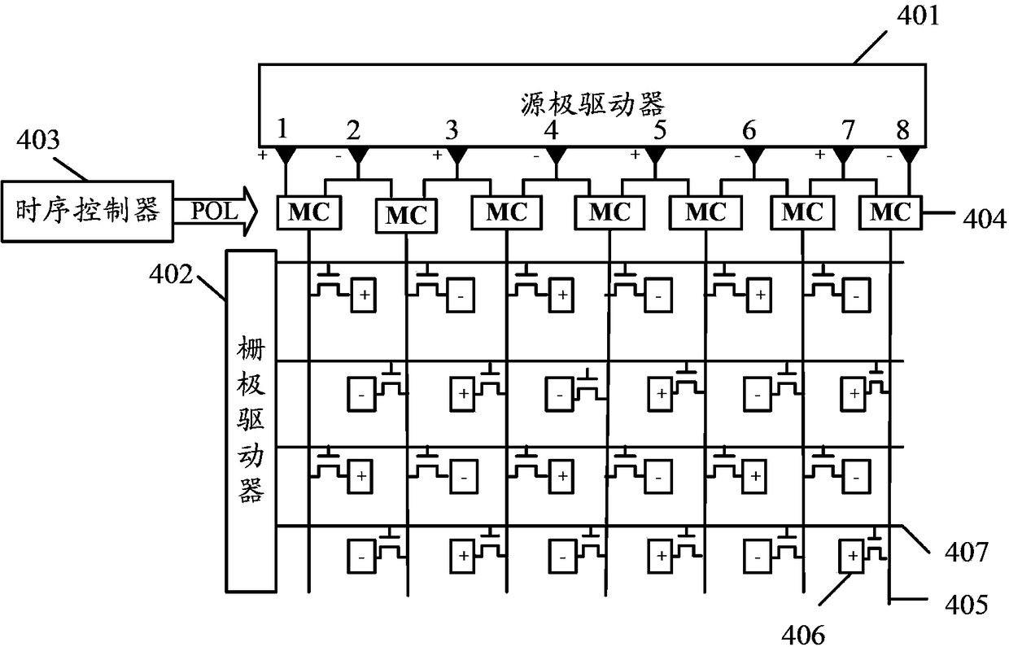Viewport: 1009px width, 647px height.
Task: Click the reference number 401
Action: click(x=918, y=15)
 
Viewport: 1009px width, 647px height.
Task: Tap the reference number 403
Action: click(x=38, y=139)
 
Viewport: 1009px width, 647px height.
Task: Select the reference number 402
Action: click(x=171, y=273)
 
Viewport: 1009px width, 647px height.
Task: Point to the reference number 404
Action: click(x=985, y=220)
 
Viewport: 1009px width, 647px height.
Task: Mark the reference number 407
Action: click(x=967, y=552)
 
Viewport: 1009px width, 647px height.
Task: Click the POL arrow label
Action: click(x=215, y=211)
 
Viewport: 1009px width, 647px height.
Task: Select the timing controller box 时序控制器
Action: click(x=87, y=212)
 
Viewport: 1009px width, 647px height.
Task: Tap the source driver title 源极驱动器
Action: click(x=592, y=104)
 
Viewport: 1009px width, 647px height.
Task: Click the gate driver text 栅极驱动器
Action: click(x=251, y=419)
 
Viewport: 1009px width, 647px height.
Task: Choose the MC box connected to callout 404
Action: click(x=890, y=212)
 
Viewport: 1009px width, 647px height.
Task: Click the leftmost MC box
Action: click(x=308, y=212)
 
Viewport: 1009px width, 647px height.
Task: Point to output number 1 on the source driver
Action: click(x=282, y=129)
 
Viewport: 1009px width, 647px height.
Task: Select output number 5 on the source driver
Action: click(x=659, y=129)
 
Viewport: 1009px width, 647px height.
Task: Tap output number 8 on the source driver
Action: click(x=902, y=129)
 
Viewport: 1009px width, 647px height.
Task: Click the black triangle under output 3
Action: click(x=457, y=156)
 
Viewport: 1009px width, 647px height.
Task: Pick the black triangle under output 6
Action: click(x=754, y=156)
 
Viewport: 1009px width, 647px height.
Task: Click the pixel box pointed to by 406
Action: click(x=851, y=556)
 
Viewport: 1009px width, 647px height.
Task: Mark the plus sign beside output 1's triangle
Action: click(x=263, y=156)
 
